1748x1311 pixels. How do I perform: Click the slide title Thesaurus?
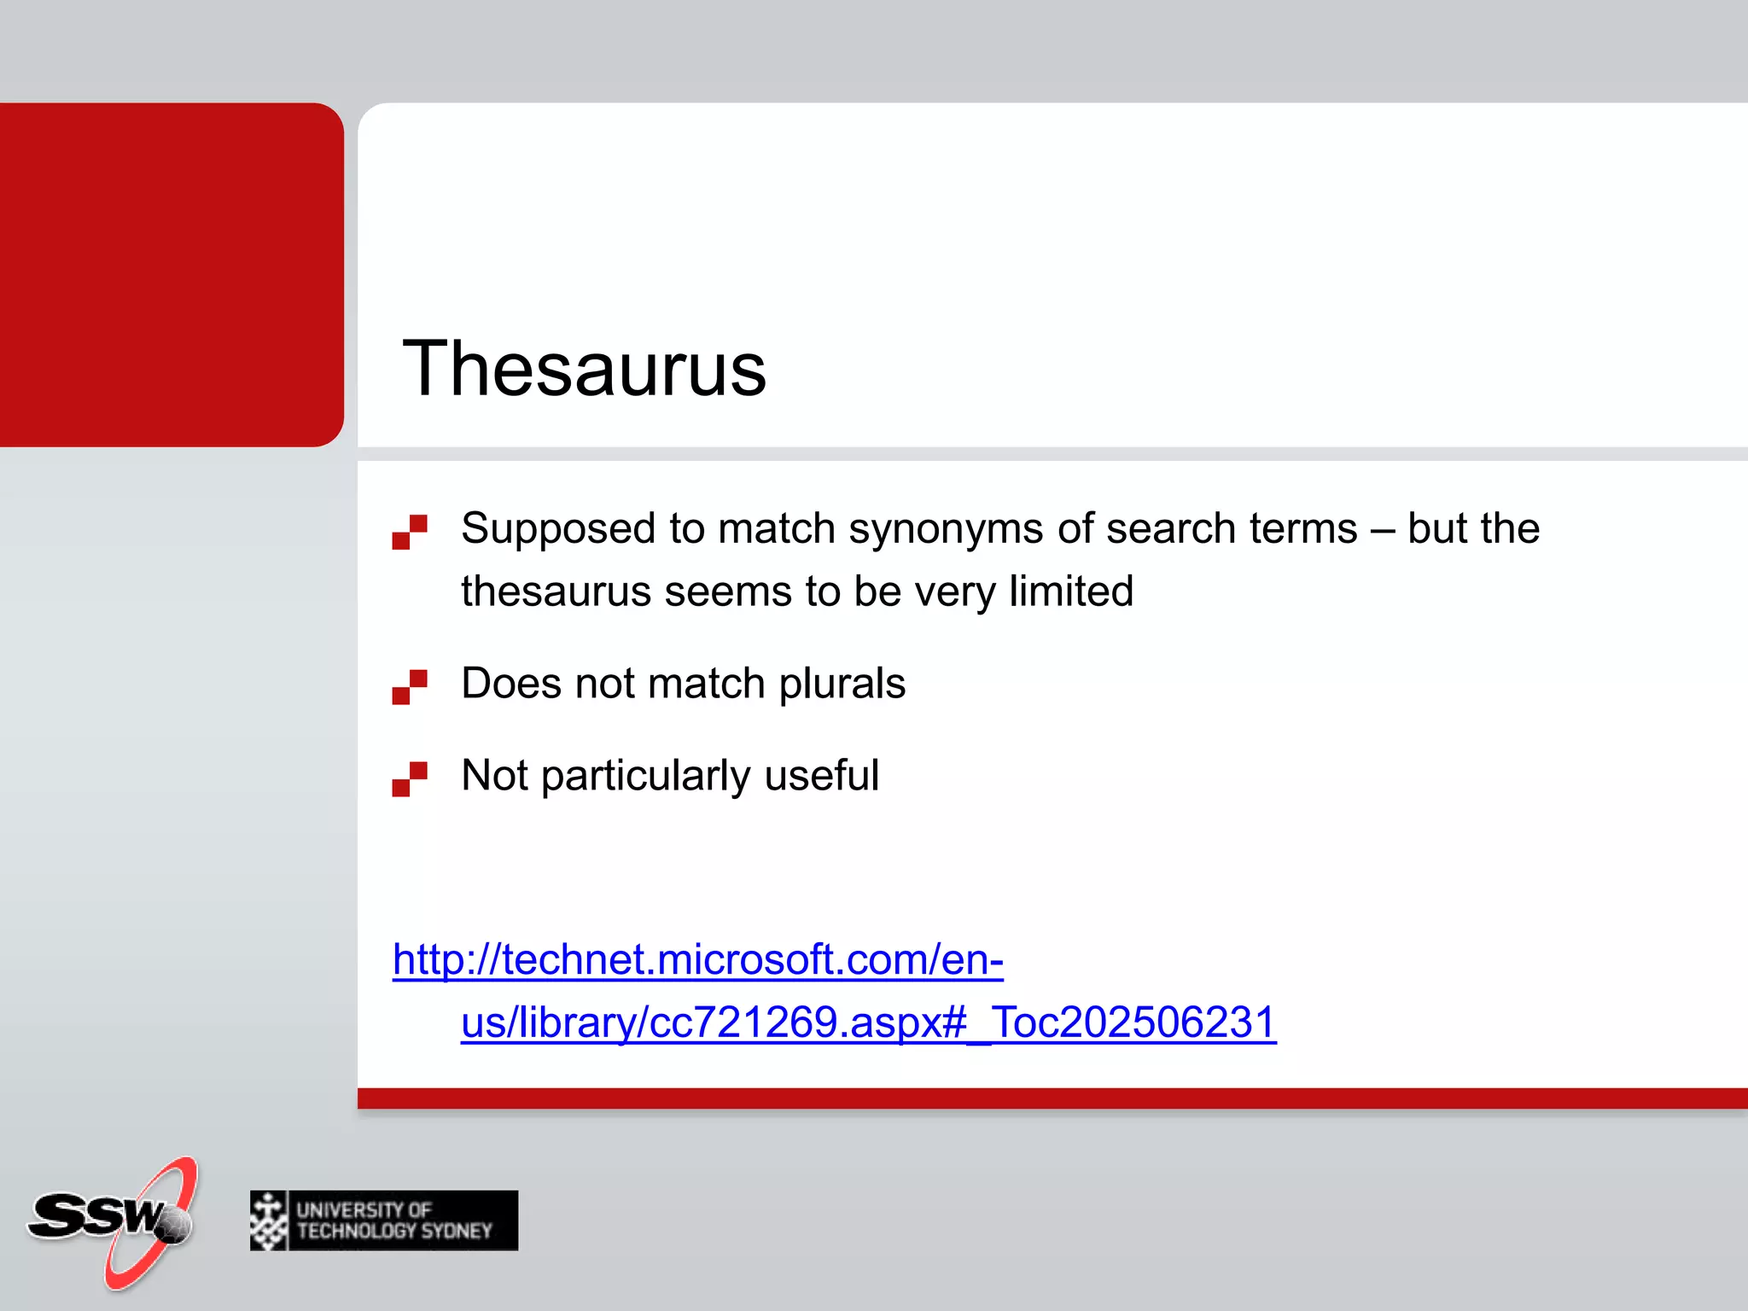[x=584, y=369]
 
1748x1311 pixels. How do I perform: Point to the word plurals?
[x=842, y=684]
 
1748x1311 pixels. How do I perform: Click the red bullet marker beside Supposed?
[x=410, y=532]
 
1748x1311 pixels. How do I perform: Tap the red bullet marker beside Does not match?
[x=410, y=687]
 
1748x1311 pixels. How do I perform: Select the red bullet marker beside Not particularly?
[x=410, y=779]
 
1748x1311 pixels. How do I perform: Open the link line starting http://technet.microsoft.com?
[x=697, y=959]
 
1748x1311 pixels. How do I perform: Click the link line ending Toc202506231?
[x=868, y=1023]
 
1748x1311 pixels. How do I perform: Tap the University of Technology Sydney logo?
[x=384, y=1221]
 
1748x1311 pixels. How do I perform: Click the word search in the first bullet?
[x=1170, y=529]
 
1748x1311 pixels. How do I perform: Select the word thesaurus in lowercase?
[x=556, y=591]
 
